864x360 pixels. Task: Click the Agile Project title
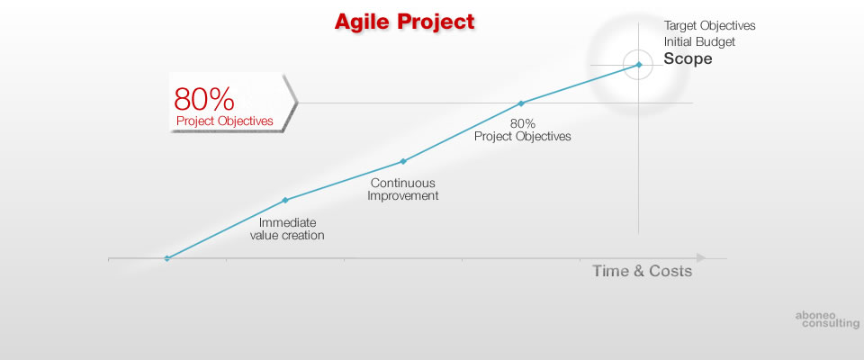404,22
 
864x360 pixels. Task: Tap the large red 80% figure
204,99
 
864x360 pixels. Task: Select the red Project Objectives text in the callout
225,121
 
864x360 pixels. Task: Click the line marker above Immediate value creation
285,200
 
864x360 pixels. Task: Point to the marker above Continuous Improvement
403,161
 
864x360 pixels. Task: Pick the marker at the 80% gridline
521,103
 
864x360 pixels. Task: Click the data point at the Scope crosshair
639,65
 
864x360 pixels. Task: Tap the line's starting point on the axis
167,258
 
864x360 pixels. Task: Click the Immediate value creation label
287,229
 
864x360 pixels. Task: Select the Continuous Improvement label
403,189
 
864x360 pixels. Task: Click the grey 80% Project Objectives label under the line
522,130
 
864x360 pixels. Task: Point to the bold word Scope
688,59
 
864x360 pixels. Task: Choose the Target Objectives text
709,26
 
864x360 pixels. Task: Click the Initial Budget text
699,42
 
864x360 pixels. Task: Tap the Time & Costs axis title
642,271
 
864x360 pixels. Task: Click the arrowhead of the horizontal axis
701,257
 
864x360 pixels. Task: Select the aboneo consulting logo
827,319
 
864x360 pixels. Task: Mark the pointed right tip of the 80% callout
298,103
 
